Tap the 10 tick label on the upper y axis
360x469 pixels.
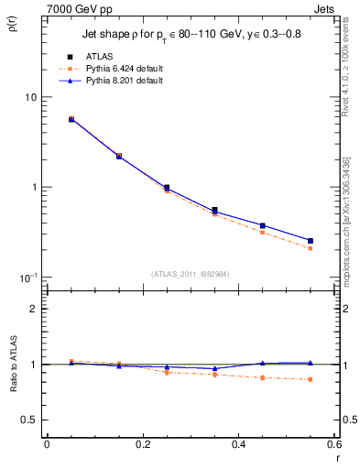click(30, 97)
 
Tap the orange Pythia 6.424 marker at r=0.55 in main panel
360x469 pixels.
click(310, 248)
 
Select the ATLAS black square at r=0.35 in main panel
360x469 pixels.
click(214, 210)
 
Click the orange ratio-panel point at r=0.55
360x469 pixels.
click(310, 379)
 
